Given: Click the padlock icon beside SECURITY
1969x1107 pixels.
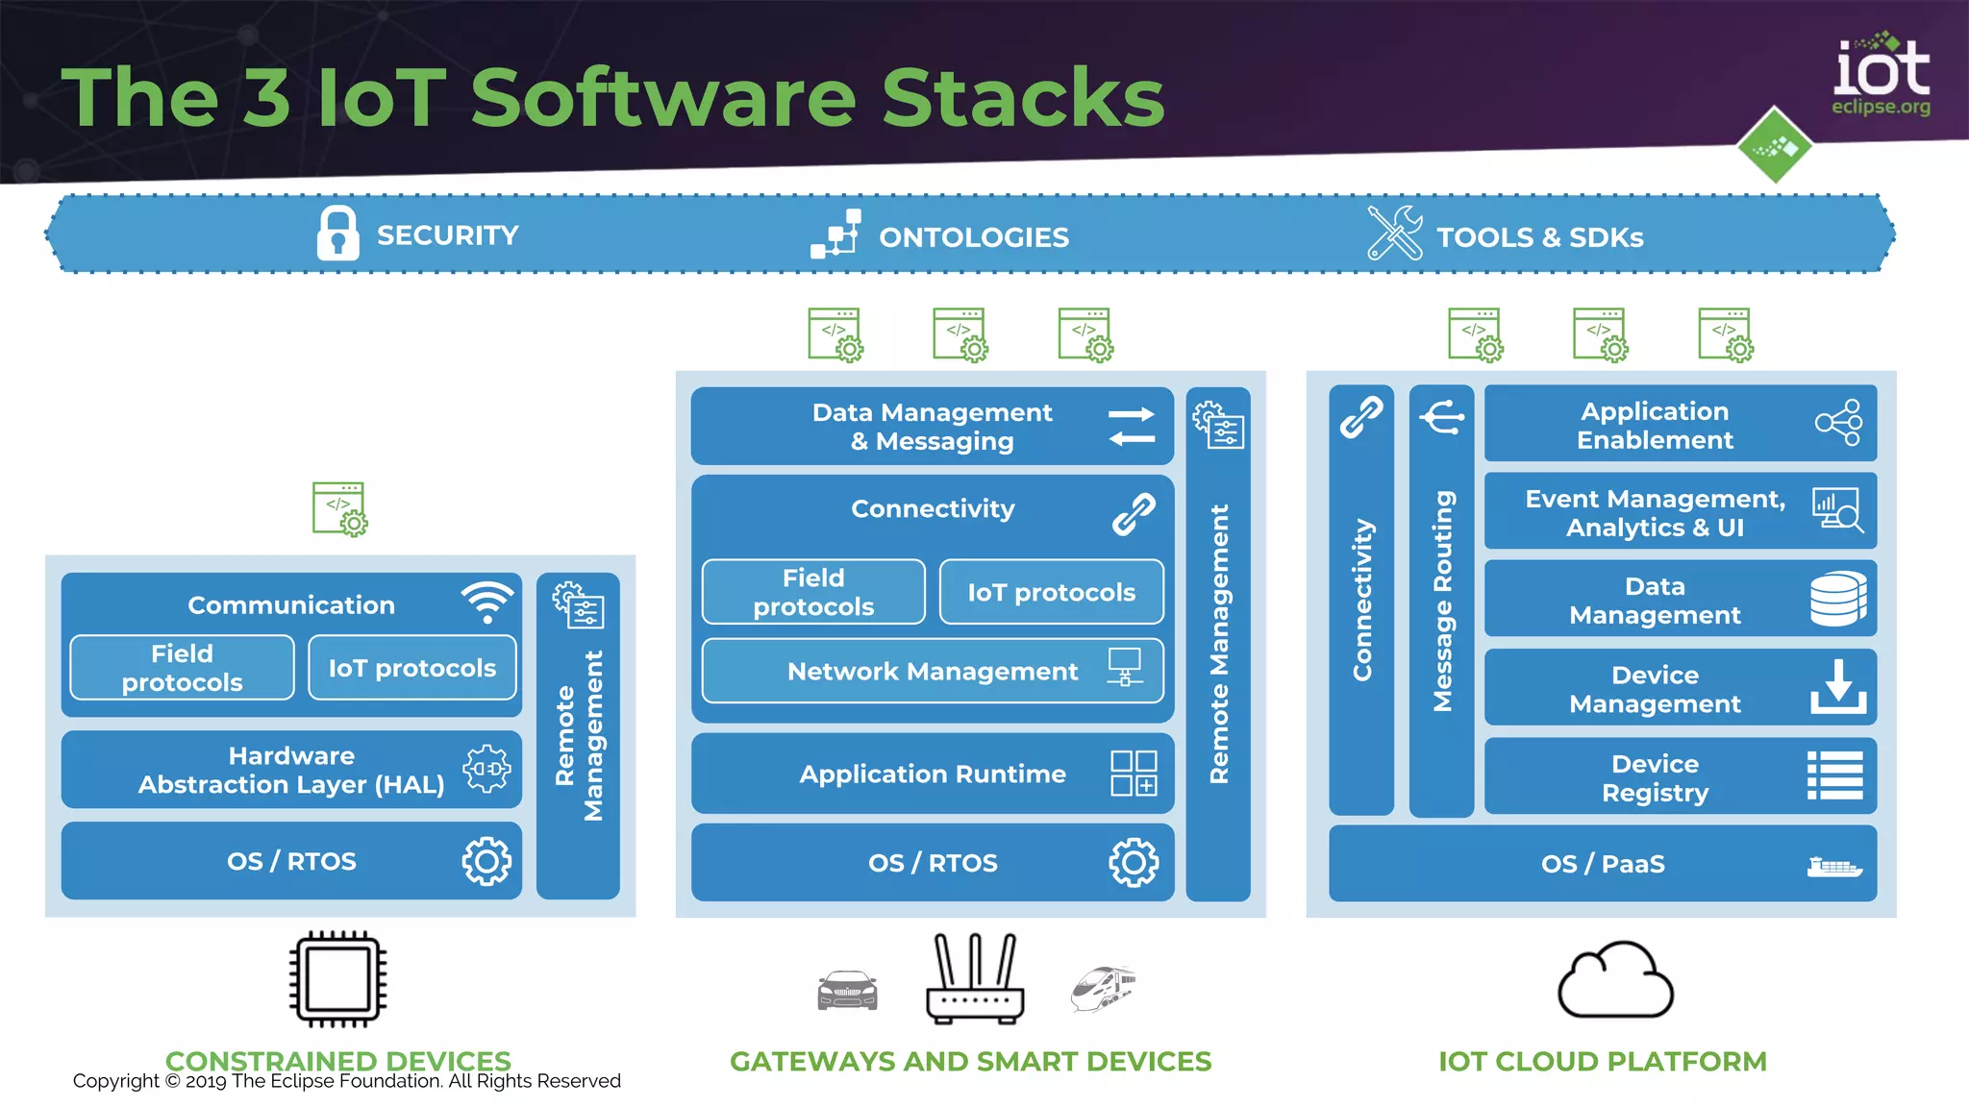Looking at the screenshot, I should (337, 234).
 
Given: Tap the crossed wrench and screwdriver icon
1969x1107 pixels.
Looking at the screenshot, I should (1394, 234).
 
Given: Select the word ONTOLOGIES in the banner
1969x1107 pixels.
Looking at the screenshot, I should (973, 237).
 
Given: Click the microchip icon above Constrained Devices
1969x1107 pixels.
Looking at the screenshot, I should (337, 979).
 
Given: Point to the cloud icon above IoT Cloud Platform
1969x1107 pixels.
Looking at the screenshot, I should (1615, 981).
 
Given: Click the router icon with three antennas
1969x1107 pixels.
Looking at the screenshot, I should (974, 979).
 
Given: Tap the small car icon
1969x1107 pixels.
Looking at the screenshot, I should (847, 990).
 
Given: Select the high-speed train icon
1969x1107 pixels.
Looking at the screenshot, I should (1103, 989).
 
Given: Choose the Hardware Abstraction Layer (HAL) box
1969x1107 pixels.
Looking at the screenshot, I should (291, 770).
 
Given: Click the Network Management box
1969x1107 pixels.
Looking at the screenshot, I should (932, 671).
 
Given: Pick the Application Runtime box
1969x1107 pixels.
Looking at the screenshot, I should (932, 774).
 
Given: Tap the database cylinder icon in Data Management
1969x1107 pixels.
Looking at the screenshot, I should (1838, 599).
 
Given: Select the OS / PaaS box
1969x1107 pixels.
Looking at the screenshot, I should (1602, 864).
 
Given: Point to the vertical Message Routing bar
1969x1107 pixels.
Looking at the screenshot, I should (1441, 601).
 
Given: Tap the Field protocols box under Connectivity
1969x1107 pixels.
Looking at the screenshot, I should (813, 592).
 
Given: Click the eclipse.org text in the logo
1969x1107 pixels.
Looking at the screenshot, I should (1880, 107).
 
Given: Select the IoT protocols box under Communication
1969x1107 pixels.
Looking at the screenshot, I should (411, 668).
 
